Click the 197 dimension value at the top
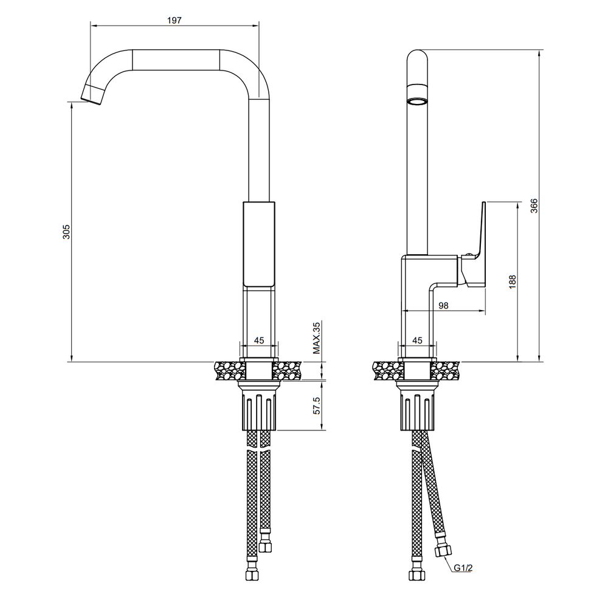point(174,21)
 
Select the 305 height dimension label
point(66,232)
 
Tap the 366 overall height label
point(534,206)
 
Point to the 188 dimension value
point(512,282)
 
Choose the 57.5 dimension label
point(317,406)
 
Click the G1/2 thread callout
point(463,568)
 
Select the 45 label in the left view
point(259,340)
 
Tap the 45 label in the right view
point(417,340)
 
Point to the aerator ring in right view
point(417,102)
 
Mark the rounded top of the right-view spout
point(417,55)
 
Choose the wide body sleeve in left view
point(259,244)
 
